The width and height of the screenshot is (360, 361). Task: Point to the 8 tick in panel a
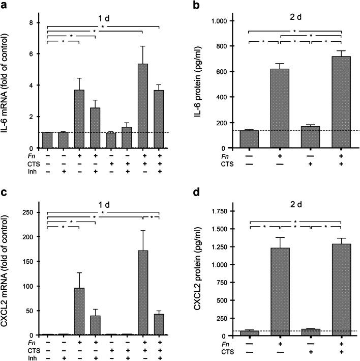[x=33, y=23]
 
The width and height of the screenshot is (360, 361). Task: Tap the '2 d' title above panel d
[x=294, y=201]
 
